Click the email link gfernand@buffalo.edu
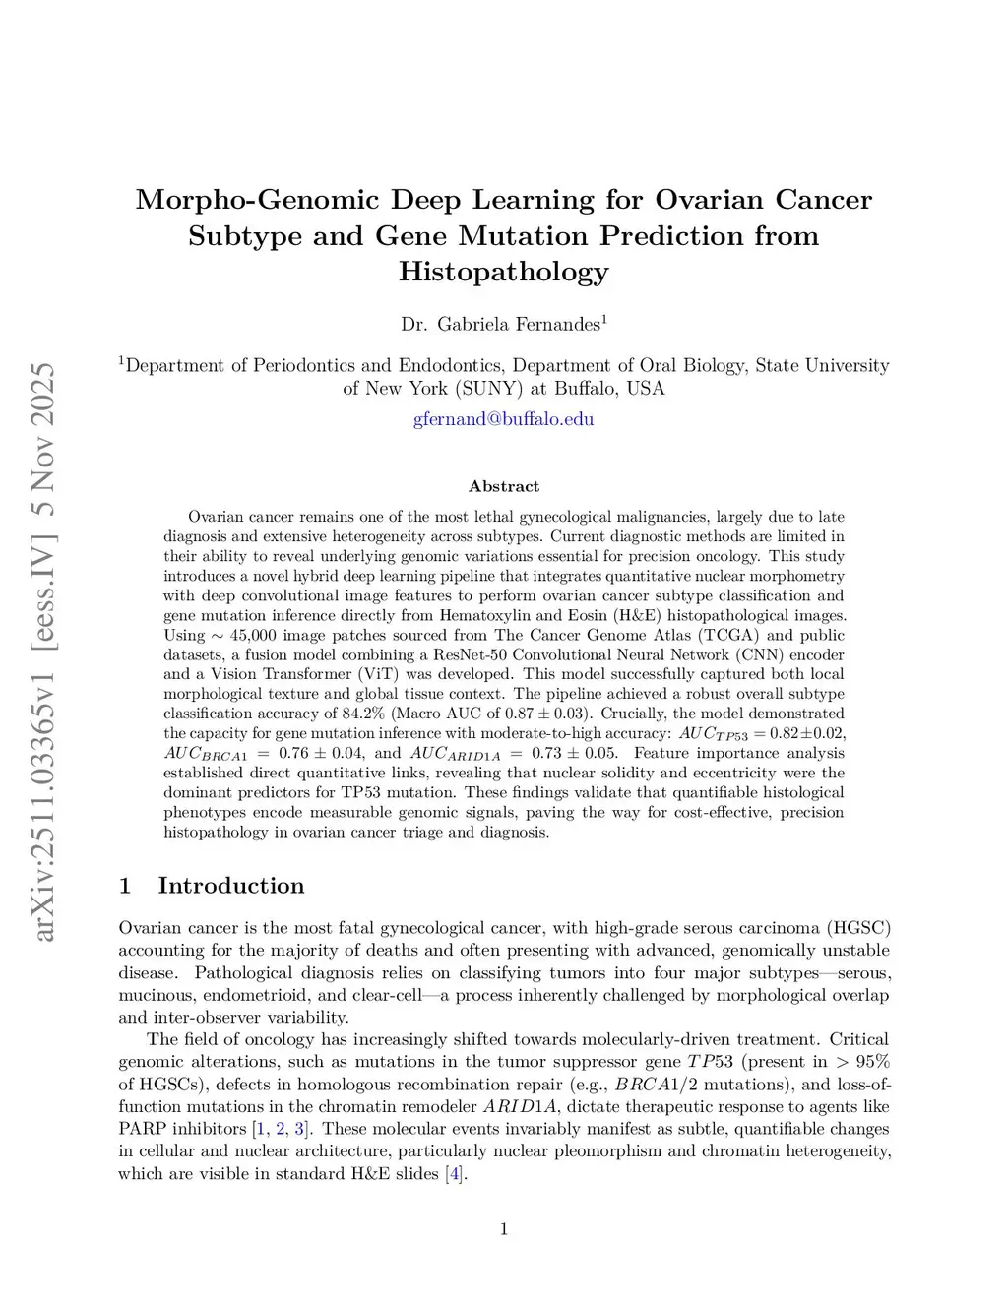503,419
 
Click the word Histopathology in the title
503,272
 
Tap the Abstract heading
503,486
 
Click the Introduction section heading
230,886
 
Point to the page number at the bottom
504,1228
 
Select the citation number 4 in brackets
453,1174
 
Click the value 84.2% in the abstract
364,714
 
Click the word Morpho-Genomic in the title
257,200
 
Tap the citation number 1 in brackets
260,1129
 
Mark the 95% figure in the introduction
873,1062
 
